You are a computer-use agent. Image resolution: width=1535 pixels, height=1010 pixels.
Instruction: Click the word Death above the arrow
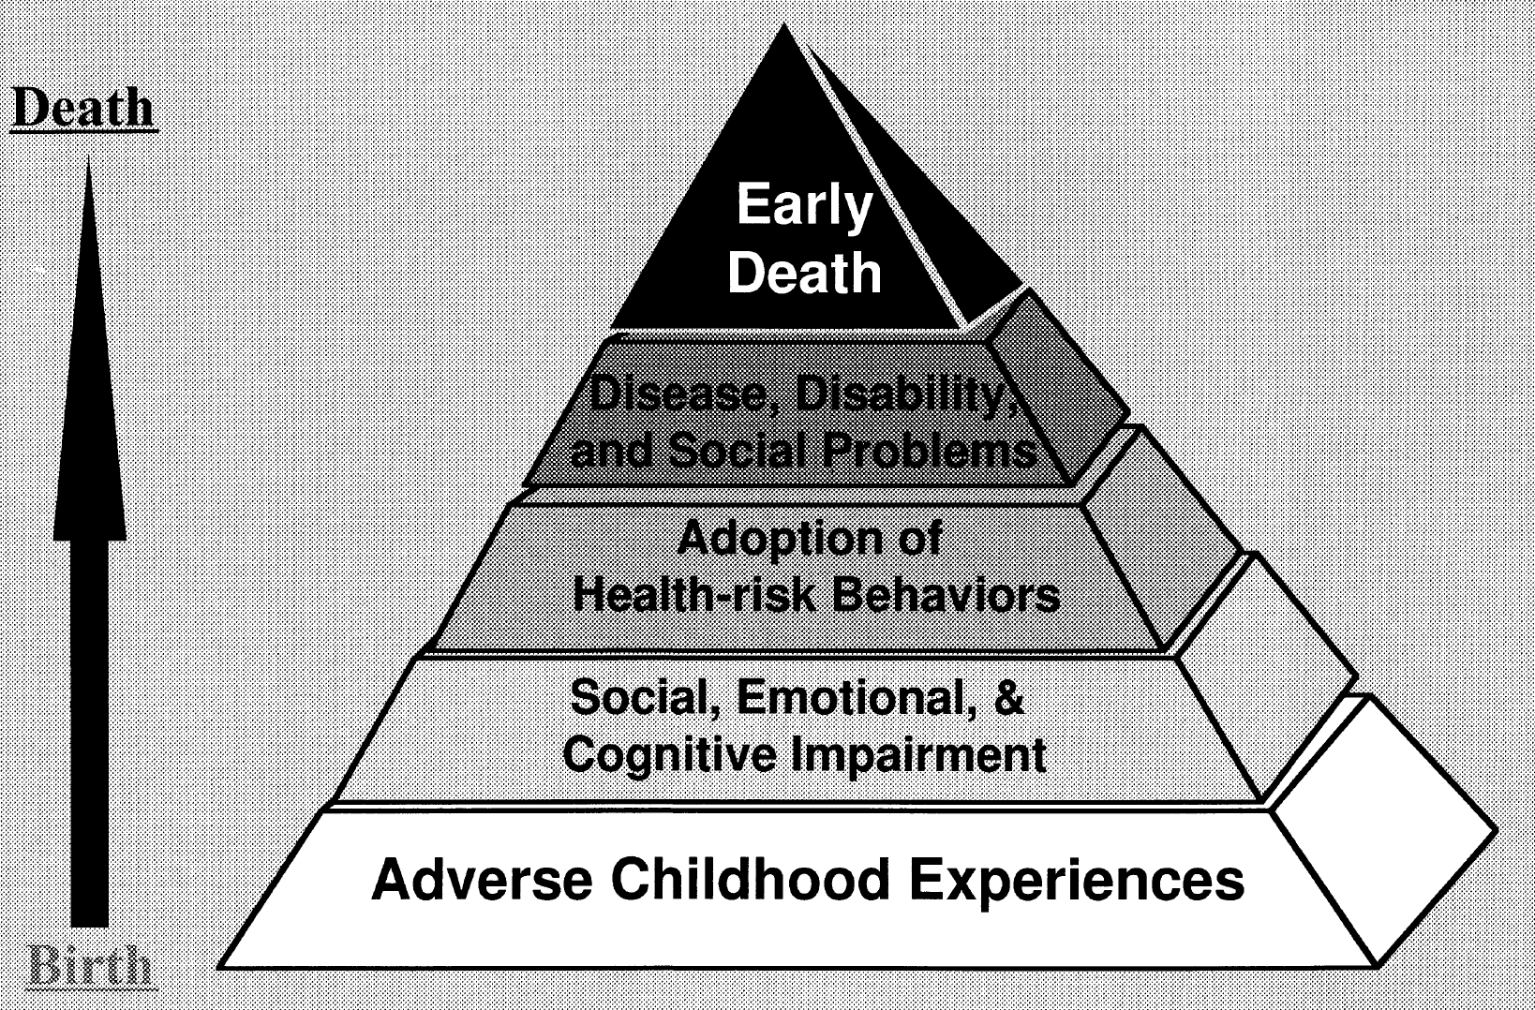coord(83,109)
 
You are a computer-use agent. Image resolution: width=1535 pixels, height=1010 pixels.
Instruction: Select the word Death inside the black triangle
coord(804,273)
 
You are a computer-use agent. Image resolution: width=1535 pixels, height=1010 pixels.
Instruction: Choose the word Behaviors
coord(946,596)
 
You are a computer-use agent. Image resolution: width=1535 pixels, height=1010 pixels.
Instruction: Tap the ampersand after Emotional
coord(1007,698)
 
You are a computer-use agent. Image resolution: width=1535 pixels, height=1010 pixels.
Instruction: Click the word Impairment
coord(919,755)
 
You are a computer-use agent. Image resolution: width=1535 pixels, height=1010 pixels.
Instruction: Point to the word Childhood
coord(751,880)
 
